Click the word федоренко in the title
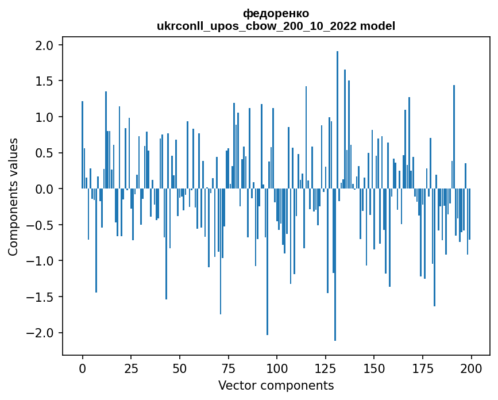(276, 13)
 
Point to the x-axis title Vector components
(276, 385)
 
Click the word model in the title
(381, 26)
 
